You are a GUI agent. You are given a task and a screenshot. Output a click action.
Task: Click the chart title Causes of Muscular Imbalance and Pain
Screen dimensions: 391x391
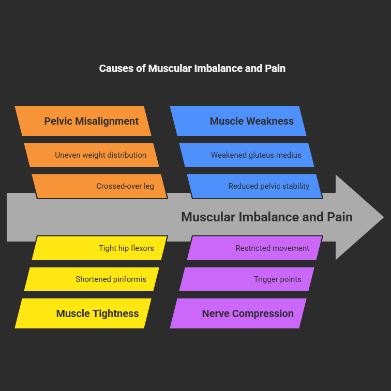click(192, 68)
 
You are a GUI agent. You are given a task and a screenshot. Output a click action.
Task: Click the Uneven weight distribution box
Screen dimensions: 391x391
click(92, 155)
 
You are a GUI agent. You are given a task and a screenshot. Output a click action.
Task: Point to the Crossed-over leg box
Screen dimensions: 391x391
click(99, 186)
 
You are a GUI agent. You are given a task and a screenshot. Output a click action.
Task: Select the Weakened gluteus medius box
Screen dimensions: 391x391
click(247, 155)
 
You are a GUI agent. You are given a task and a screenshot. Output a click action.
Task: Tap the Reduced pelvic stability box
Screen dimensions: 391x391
click(254, 186)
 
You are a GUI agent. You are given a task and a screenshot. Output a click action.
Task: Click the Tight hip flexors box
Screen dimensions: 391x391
click(99, 248)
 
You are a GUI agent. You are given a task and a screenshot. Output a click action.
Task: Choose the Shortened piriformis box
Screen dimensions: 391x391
click(92, 279)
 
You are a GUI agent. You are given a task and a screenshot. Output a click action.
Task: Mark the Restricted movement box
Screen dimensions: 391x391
click(254, 248)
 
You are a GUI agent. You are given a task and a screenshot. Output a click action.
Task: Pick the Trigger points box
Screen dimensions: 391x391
click(247, 279)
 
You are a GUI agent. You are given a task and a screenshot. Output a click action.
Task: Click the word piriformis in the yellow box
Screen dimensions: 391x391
click(128, 279)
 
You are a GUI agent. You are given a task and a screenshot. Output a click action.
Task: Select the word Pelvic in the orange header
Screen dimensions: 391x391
click(58, 121)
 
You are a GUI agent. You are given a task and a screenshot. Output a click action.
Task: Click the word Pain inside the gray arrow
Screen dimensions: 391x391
click(340, 217)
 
